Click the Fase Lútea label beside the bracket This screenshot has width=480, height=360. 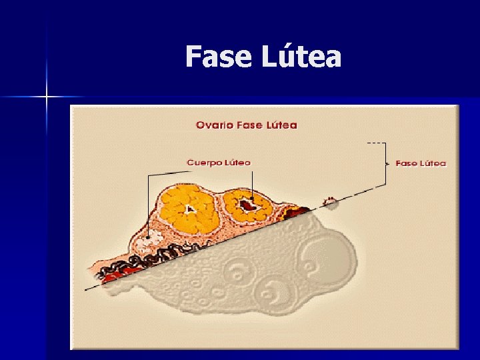pos(421,163)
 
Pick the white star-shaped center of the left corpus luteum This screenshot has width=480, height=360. pos(191,209)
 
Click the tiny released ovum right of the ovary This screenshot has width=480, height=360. pos(330,201)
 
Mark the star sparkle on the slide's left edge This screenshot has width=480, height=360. pos(47,97)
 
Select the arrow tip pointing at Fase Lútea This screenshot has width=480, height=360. pos(389,163)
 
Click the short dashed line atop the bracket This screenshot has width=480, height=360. pos(377,143)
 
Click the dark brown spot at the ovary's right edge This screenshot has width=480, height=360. pos(293,213)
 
